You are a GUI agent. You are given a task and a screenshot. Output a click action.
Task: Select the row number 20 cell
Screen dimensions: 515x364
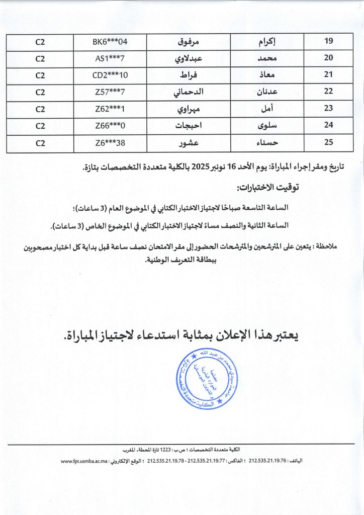click(329, 58)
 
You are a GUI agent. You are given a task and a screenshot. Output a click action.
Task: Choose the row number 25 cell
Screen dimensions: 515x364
click(329, 143)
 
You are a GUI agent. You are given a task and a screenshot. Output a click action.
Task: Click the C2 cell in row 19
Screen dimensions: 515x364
click(41, 41)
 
